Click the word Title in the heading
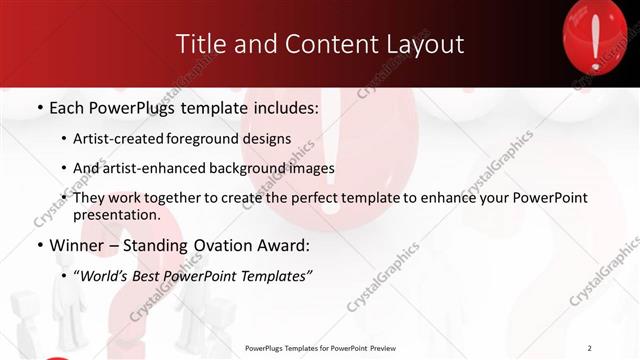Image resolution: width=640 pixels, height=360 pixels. pos(199,44)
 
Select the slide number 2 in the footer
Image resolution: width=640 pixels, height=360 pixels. pos(590,348)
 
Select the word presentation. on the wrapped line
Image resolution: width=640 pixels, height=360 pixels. pos(117,215)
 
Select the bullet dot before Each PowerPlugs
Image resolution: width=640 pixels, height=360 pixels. pos(39,105)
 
